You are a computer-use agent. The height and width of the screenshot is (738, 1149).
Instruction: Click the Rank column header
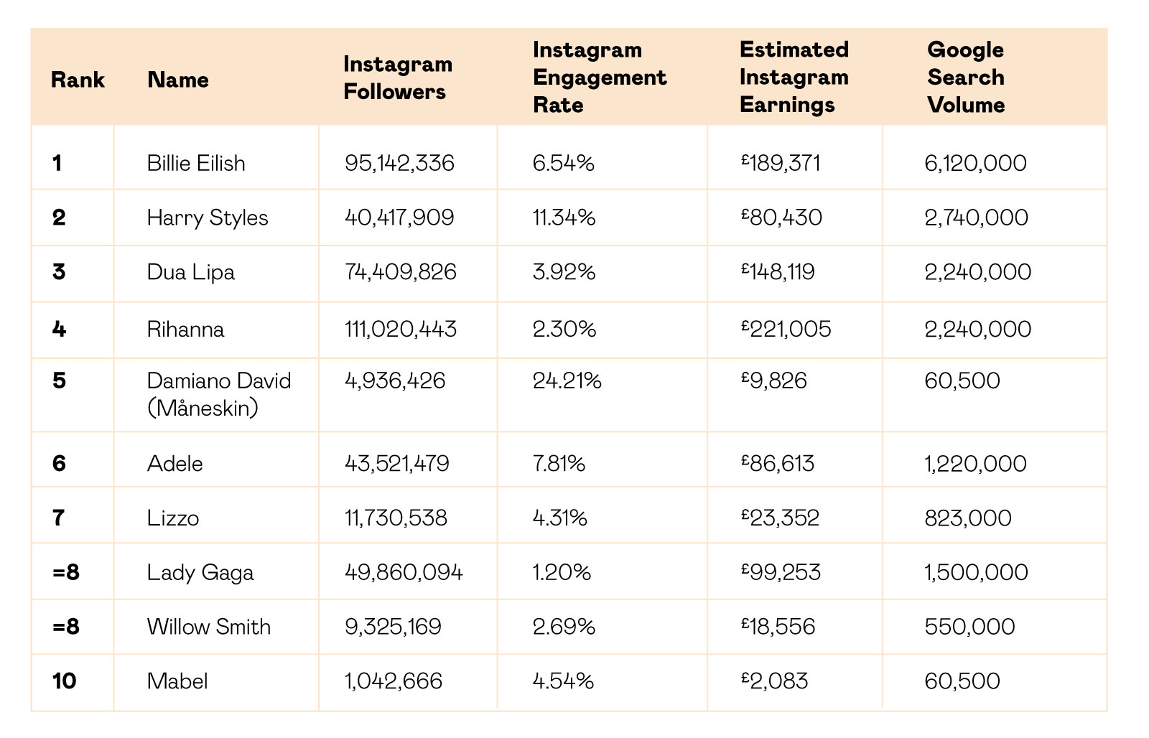(x=78, y=80)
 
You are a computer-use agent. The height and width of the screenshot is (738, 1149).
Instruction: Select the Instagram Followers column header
(x=398, y=78)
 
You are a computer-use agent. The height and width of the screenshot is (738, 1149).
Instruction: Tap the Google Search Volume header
(x=966, y=77)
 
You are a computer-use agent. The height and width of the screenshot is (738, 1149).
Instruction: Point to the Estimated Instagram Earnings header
(x=794, y=77)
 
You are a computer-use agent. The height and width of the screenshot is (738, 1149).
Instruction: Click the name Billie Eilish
(x=196, y=163)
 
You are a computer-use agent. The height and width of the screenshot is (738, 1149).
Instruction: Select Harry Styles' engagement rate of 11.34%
(x=564, y=218)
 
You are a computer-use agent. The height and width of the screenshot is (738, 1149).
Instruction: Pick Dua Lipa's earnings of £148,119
(x=778, y=272)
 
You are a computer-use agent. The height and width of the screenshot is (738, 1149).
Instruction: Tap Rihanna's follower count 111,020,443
(x=400, y=329)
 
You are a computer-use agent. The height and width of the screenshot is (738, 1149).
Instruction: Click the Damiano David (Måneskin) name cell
(x=219, y=394)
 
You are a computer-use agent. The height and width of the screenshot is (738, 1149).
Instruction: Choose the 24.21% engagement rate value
(x=567, y=380)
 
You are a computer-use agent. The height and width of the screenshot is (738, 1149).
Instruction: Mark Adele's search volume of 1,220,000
(x=975, y=464)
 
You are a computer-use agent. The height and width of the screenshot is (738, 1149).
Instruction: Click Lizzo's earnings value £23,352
(x=780, y=518)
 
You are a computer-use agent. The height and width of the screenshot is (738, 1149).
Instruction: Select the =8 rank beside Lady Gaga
(x=65, y=572)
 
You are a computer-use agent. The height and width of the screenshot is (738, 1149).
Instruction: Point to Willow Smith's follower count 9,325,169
(x=393, y=626)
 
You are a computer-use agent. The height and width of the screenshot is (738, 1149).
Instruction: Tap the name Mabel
(x=177, y=681)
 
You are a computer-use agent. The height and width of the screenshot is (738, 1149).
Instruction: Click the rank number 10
(x=64, y=681)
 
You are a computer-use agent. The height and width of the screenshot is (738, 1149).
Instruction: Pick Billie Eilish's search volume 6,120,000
(x=975, y=163)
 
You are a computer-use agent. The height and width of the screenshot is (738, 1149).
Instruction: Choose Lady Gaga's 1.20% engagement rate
(x=562, y=572)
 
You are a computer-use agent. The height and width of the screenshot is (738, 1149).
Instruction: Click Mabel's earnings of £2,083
(x=775, y=681)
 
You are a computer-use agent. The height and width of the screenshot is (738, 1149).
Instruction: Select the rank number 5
(x=59, y=380)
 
